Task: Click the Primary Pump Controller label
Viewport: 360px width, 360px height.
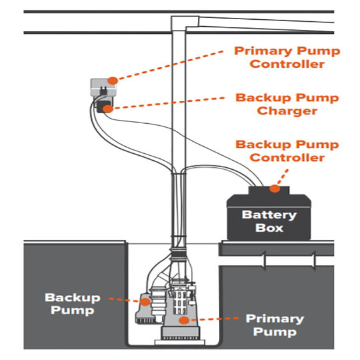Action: tap(287, 57)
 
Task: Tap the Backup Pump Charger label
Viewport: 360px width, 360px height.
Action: tap(287, 104)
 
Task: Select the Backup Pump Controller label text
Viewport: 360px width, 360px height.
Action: tap(287, 151)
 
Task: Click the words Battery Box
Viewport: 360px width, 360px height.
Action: tap(269, 221)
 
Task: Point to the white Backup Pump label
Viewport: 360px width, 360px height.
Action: tap(73, 304)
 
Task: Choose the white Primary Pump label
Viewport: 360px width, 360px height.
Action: tap(275, 325)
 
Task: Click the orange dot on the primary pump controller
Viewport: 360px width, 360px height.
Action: tap(113, 80)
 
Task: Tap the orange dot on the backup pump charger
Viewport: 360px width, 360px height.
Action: tap(108, 109)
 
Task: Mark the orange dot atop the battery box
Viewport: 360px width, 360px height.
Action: tap(275, 188)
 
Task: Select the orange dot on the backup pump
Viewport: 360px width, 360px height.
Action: tap(145, 302)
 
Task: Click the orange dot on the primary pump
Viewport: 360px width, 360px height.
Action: tap(184, 320)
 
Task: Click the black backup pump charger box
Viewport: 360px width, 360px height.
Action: tap(104, 107)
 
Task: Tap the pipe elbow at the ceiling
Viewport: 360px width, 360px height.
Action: tap(185, 23)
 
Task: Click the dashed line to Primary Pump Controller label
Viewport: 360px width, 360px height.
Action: tap(170, 66)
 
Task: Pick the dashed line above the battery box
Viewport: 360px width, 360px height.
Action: tap(283, 177)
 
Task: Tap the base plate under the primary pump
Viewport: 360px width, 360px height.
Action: tap(180, 342)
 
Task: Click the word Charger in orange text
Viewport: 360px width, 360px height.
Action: tap(287, 111)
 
